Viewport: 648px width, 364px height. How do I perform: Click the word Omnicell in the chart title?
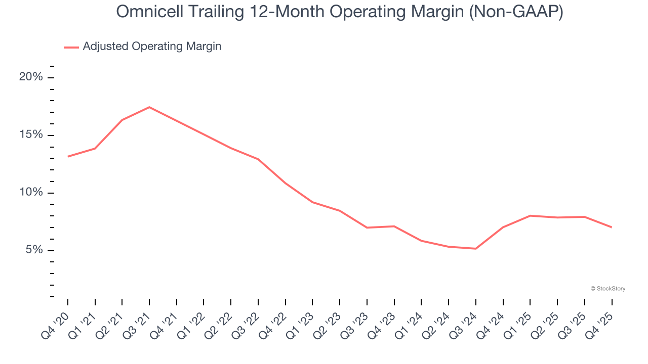pyautogui.click(x=143, y=12)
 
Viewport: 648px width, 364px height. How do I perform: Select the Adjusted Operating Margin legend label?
pyautogui.click(x=152, y=47)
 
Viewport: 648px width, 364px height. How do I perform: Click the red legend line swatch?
pyautogui.click(x=71, y=47)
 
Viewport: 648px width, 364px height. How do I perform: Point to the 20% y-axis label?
pyautogui.click(x=31, y=77)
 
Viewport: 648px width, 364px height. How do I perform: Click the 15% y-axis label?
pyautogui.click(x=31, y=135)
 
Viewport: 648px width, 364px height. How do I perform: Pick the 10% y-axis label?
pyautogui.click(x=31, y=193)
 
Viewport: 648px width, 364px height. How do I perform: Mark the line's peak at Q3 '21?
pyautogui.click(x=149, y=107)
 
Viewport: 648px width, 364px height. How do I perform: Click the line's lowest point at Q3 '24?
pyautogui.click(x=476, y=249)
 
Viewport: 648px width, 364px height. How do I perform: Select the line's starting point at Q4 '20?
pyautogui.click(x=68, y=157)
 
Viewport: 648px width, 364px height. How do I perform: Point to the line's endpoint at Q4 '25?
pyautogui.click(x=612, y=227)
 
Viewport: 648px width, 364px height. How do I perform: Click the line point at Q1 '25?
pyautogui.click(x=530, y=216)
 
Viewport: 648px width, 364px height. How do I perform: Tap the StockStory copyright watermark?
pyautogui.click(x=608, y=289)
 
